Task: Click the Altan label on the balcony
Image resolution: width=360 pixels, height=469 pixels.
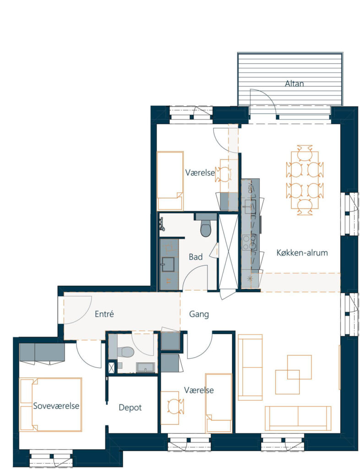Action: point(294,83)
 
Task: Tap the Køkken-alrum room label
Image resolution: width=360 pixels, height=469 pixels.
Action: point(302,253)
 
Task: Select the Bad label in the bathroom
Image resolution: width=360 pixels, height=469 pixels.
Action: point(196,257)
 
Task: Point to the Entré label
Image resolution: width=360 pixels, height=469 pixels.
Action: point(104,314)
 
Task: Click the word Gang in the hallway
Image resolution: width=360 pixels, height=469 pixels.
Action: point(199,314)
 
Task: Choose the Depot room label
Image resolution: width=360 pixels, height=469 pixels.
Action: point(130,408)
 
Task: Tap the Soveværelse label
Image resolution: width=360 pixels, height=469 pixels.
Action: point(56,406)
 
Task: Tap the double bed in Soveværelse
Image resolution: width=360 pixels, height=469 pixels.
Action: point(50,405)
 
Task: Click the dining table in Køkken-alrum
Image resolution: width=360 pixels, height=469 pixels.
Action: point(305,180)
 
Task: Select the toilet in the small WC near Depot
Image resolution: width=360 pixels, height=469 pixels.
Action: point(126,352)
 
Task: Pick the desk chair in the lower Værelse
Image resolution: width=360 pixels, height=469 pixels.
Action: point(174,407)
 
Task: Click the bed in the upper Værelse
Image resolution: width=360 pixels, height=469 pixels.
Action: point(170,180)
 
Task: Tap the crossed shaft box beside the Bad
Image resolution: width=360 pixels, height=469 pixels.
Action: point(229,251)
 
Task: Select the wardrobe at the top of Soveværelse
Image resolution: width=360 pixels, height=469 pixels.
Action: point(42,352)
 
